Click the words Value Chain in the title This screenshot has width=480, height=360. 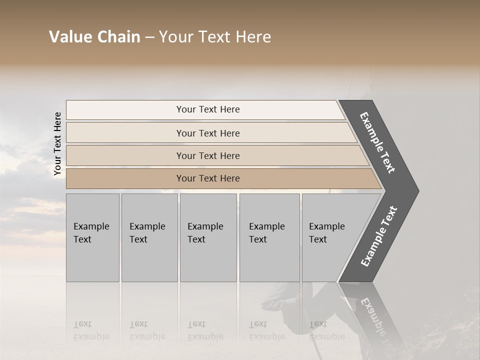[x=94, y=37]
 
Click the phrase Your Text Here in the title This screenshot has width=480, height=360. [x=215, y=37]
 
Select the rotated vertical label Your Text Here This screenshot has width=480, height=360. [x=57, y=144]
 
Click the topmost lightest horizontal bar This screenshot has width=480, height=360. [x=207, y=109]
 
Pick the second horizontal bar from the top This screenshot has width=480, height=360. [x=207, y=133]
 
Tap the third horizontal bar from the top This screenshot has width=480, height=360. [x=207, y=155]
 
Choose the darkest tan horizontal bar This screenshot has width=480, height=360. [x=207, y=178]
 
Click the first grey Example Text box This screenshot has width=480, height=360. [x=92, y=237]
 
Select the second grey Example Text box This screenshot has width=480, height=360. [x=149, y=237]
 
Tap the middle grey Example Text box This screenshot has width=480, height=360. [x=208, y=237]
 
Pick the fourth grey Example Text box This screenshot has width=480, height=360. [x=269, y=237]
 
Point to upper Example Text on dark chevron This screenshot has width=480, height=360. [x=378, y=142]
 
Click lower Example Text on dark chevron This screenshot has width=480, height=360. [x=379, y=236]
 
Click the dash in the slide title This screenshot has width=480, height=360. [x=149, y=37]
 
